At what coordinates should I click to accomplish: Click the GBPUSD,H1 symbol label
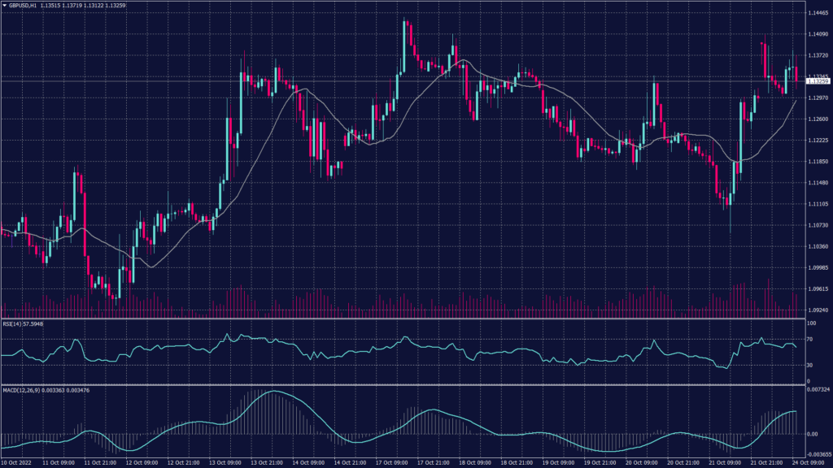24,6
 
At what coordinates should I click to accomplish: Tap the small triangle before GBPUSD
4,6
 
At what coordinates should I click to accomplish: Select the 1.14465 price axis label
818,13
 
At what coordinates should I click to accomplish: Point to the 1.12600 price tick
818,119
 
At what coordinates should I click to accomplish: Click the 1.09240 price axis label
818,310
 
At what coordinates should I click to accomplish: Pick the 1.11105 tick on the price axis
818,204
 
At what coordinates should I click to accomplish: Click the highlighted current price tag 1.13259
818,81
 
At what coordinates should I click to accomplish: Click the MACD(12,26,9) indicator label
22,390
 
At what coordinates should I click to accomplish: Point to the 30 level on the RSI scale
810,365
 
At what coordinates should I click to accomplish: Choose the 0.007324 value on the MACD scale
818,391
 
